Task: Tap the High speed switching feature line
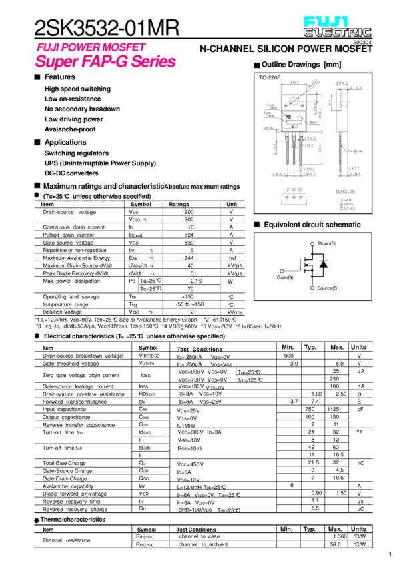point(77,89)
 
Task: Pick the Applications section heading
point(65,143)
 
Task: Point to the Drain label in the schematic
point(328,244)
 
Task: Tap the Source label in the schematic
point(328,287)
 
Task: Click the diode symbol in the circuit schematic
point(324,265)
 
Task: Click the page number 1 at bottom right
point(390,554)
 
